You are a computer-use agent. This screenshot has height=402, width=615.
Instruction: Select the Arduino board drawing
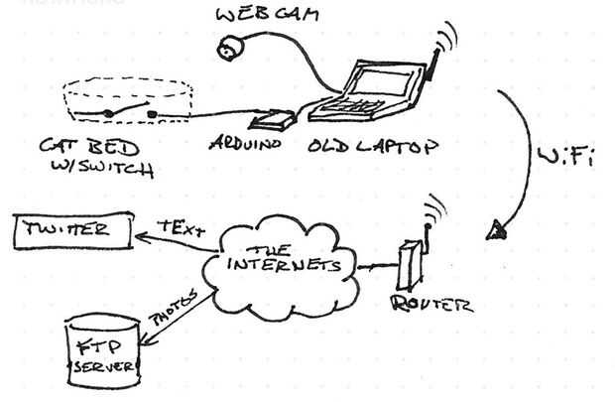coord(271,123)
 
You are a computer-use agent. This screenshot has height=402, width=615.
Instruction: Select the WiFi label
coord(566,156)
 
